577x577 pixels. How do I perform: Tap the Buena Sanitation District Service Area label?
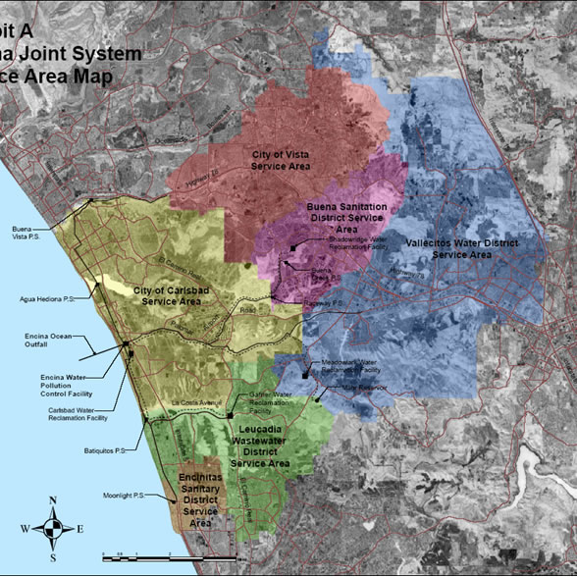346,217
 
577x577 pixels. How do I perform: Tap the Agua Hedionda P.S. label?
46,299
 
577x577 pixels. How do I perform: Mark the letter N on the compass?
53,501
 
